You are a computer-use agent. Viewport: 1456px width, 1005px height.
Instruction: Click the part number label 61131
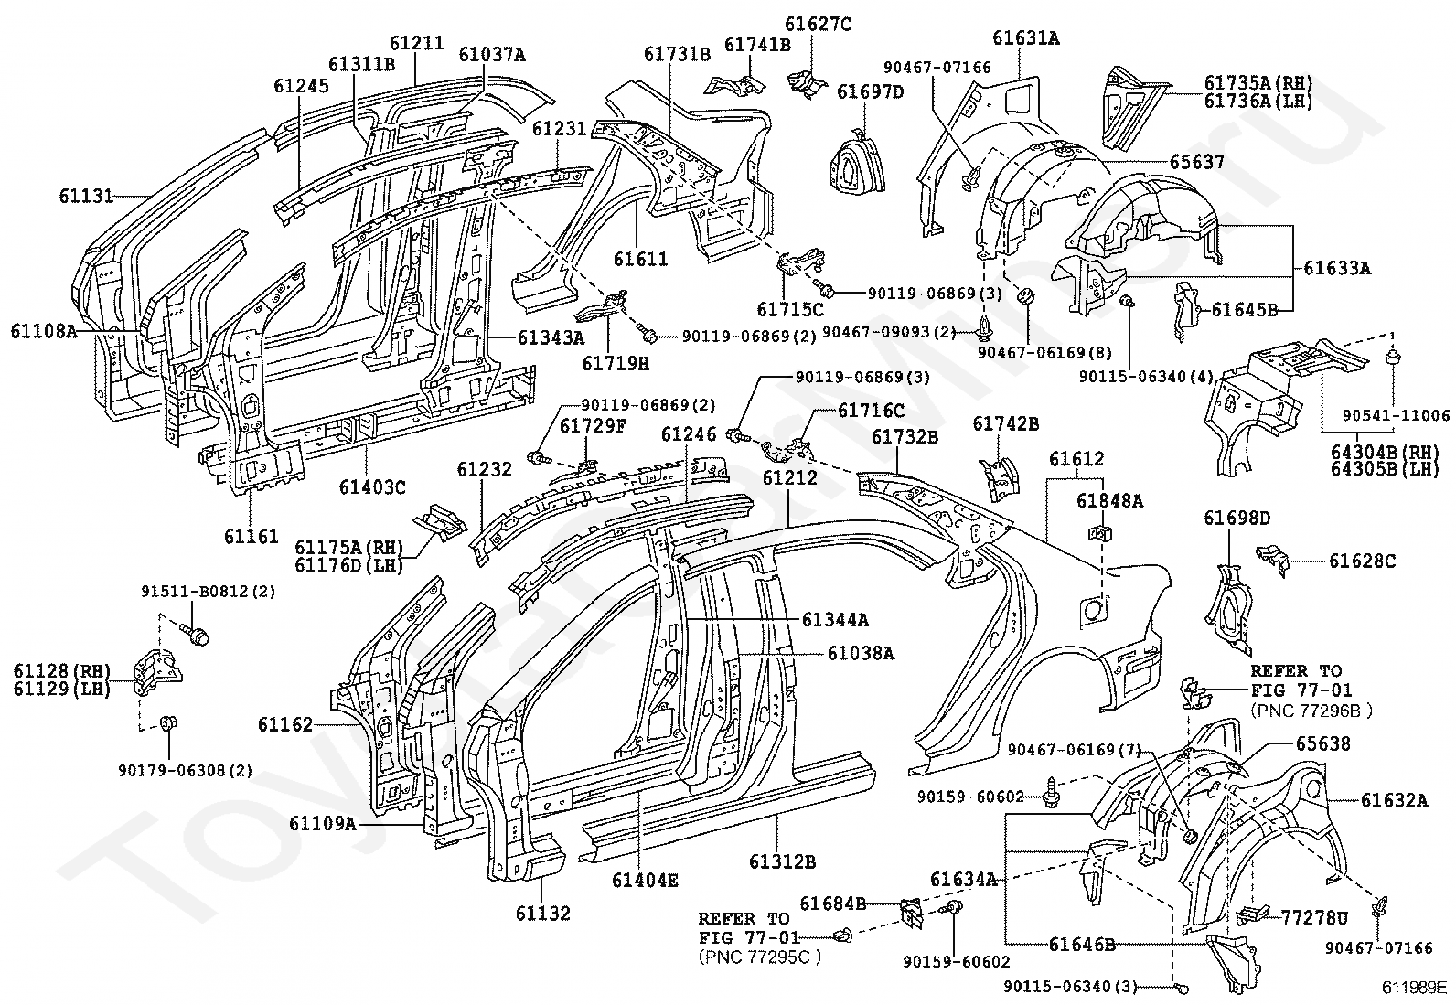click(87, 196)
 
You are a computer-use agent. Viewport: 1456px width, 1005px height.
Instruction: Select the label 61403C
click(372, 486)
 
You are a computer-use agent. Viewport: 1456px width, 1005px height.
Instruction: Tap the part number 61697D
click(871, 91)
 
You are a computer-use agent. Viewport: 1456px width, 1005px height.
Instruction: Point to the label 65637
click(1197, 161)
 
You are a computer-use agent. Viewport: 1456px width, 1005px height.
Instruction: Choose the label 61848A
click(1109, 500)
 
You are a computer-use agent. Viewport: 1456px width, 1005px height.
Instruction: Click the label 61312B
click(783, 862)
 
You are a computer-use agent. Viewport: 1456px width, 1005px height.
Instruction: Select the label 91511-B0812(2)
click(208, 592)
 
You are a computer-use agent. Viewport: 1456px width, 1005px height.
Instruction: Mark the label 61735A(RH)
click(1258, 82)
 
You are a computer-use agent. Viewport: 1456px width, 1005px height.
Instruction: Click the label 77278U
click(1314, 917)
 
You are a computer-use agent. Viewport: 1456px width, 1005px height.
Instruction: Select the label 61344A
click(835, 619)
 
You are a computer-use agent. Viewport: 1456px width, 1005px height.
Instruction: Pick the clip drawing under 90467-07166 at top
click(970, 177)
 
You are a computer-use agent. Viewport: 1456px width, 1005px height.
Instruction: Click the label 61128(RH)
click(62, 671)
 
